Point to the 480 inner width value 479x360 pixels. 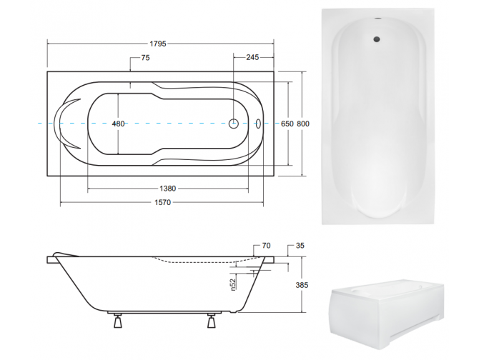(119, 124)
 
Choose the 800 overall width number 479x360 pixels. (303, 124)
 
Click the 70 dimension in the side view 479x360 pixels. (265, 246)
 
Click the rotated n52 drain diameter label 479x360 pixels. (233, 284)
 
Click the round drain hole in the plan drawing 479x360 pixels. (233, 124)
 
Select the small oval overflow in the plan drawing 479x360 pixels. (259, 124)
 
